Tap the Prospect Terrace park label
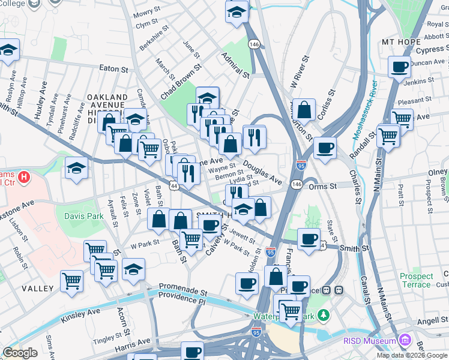pyautogui.click(x=416, y=280)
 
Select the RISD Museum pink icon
pyautogui.click(x=405, y=341)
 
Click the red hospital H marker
pyautogui.click(x=23, y=178)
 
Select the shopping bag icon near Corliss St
pyautogui.click(x=305, y=110)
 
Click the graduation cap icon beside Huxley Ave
pyautogui.click(x=77, y=169)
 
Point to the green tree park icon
pyautogui.click(x=324, y=314)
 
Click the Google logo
pyautogui.click(x=20, y=353)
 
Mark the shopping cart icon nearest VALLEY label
pyautogui.click(x=72, y=280)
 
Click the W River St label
pyautogui.click(x=298, y=71)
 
